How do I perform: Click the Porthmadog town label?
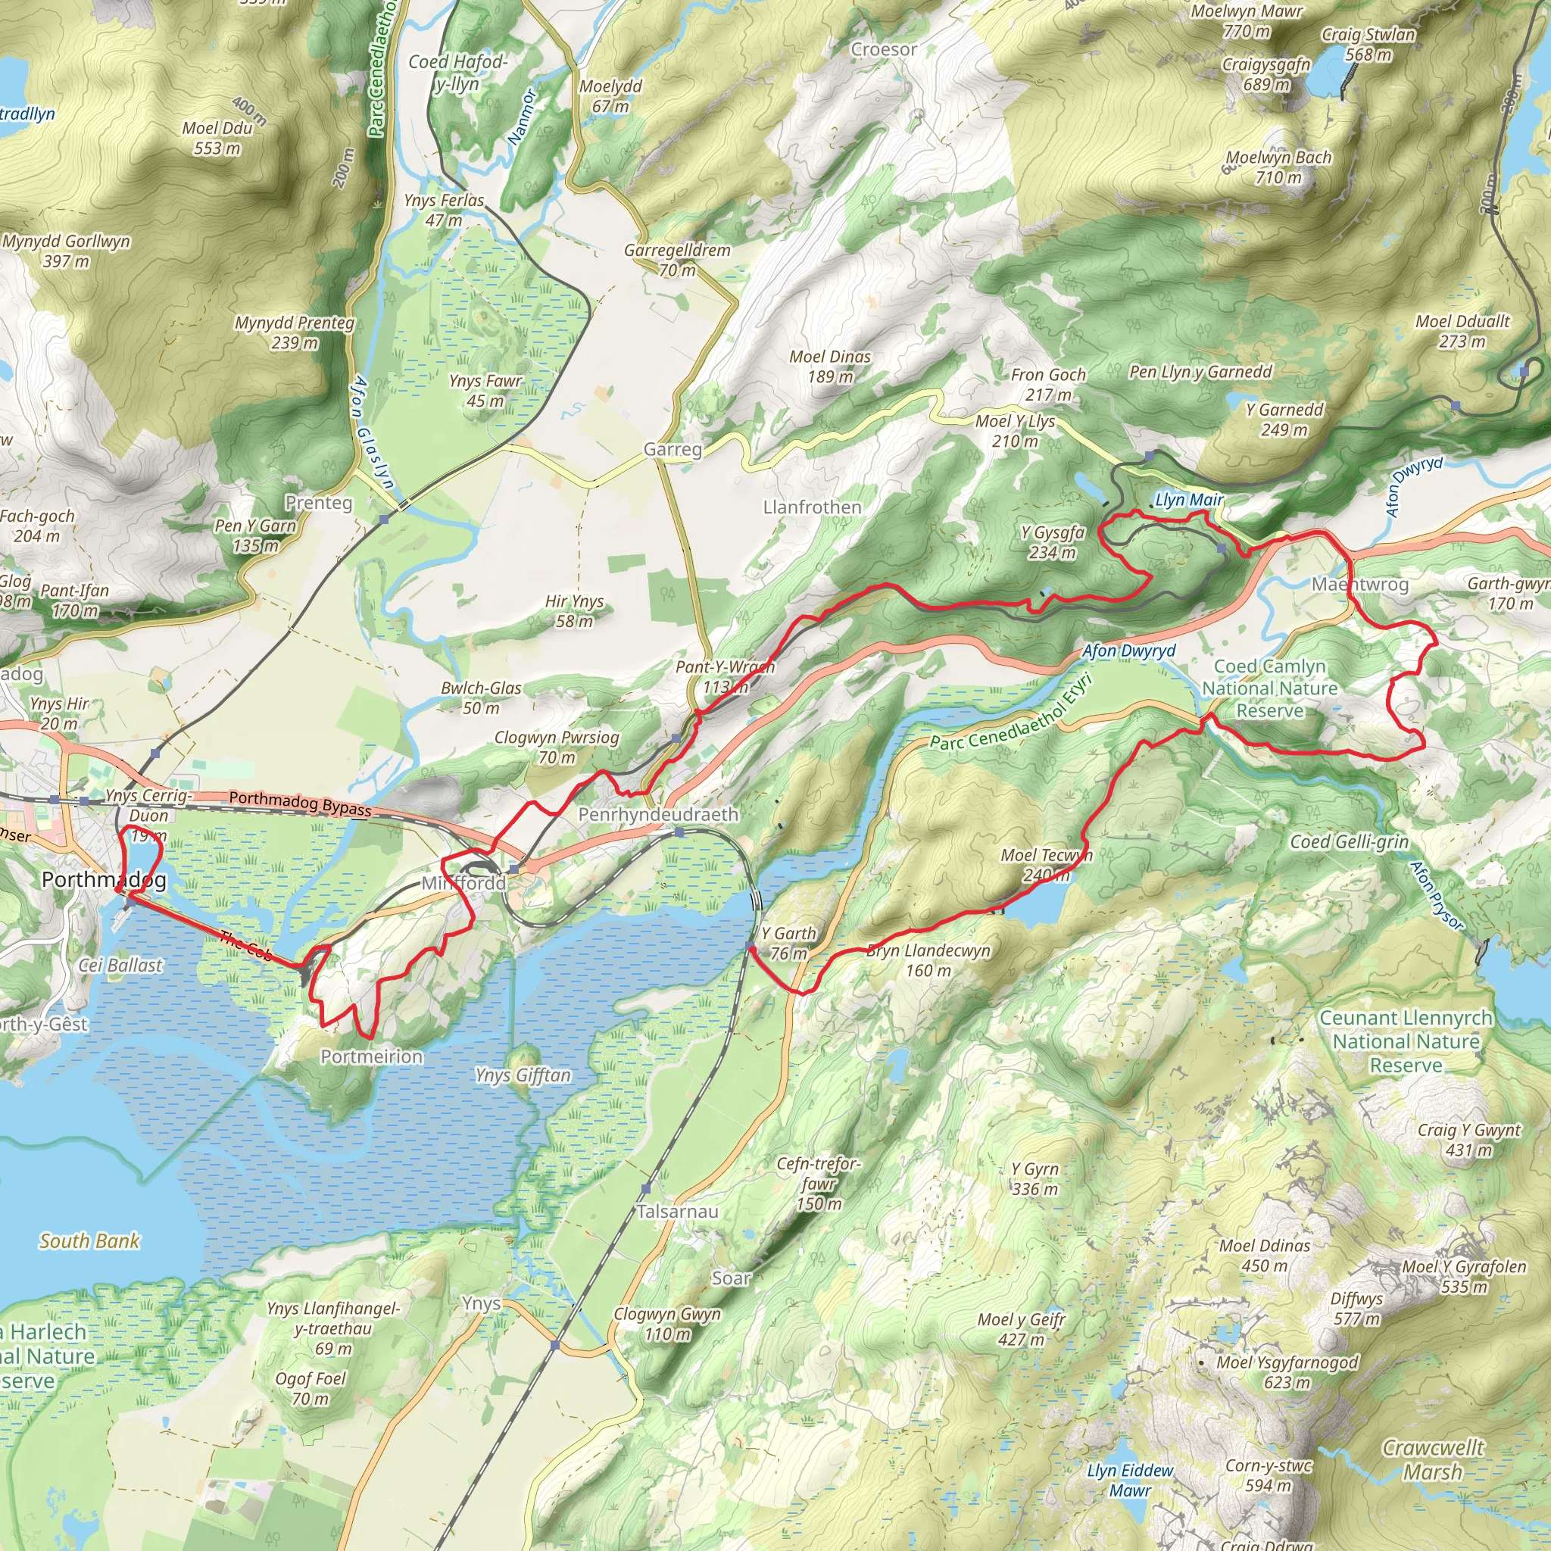click(x=104, y=879)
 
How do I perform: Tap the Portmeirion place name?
click(x=371, y=1056)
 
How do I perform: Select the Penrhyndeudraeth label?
click(x=657, y=814)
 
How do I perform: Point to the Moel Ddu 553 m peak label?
click(x=217, y=138)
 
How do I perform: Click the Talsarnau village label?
click(x=677, y=1211)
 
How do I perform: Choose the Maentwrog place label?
click(x=1359, y=584)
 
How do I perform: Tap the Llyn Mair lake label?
click(x=1188, y=500)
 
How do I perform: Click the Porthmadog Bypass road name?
click(x=299, y=803)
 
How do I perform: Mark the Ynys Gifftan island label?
click(x=523, y=1075)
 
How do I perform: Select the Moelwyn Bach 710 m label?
click(x=1278, y=167)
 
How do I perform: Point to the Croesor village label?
click(x=883, y=50)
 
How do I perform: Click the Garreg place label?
click(x=672, y=450)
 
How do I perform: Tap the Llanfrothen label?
click(x=812, y=507)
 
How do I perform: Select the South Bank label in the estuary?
click(x=89, y=1241)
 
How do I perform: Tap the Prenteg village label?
click(x=318, y=503)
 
